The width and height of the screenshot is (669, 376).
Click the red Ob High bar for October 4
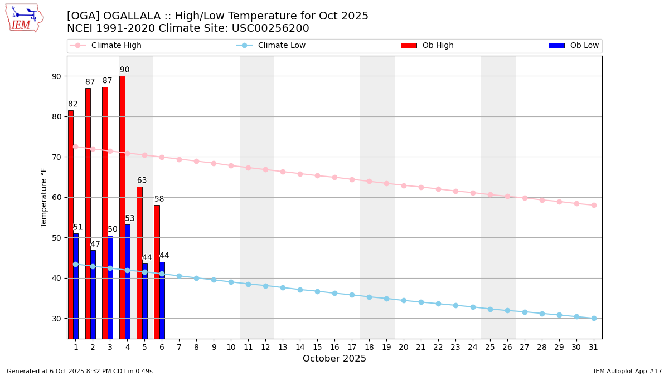click(122, 206)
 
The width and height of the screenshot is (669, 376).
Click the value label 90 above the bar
click(124, 70)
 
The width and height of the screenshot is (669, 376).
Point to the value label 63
click(142, 180)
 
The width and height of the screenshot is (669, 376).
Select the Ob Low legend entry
click(574, 46)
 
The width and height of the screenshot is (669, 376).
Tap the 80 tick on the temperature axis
click(57, 116)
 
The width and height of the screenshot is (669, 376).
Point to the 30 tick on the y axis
click(57, 319)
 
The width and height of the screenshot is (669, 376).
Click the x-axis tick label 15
click(317, 347)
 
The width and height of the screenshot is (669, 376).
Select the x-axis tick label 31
click(594, 347)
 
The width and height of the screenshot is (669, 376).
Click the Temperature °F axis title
click(44, 197)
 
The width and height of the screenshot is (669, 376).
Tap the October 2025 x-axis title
click(334, 359)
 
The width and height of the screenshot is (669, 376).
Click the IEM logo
click(24, 18)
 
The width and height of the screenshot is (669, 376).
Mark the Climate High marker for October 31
click(594, 205)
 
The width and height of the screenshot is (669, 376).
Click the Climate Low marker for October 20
click(404, 300)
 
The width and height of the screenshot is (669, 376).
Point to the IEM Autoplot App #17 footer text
click(627, 371)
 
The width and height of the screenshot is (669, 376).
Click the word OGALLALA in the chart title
click(130, 16)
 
